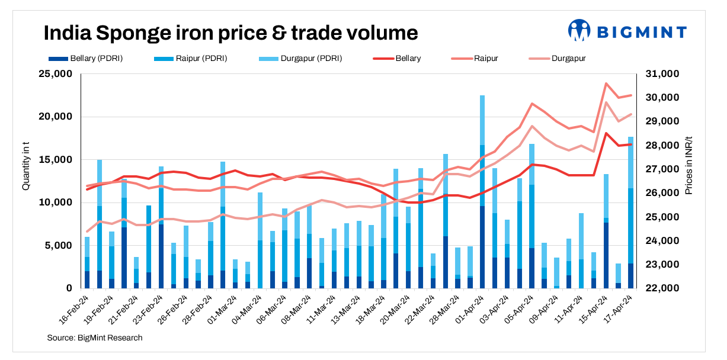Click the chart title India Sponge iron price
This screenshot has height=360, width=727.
click(231, 33)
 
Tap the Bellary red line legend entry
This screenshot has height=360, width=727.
click(397, 59)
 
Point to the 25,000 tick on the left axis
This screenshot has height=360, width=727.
click(55, 74)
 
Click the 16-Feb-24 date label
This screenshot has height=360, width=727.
click(75, 308)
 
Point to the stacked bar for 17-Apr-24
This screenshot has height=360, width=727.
click(631, 213)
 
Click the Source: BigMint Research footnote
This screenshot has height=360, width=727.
click(95, 337)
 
